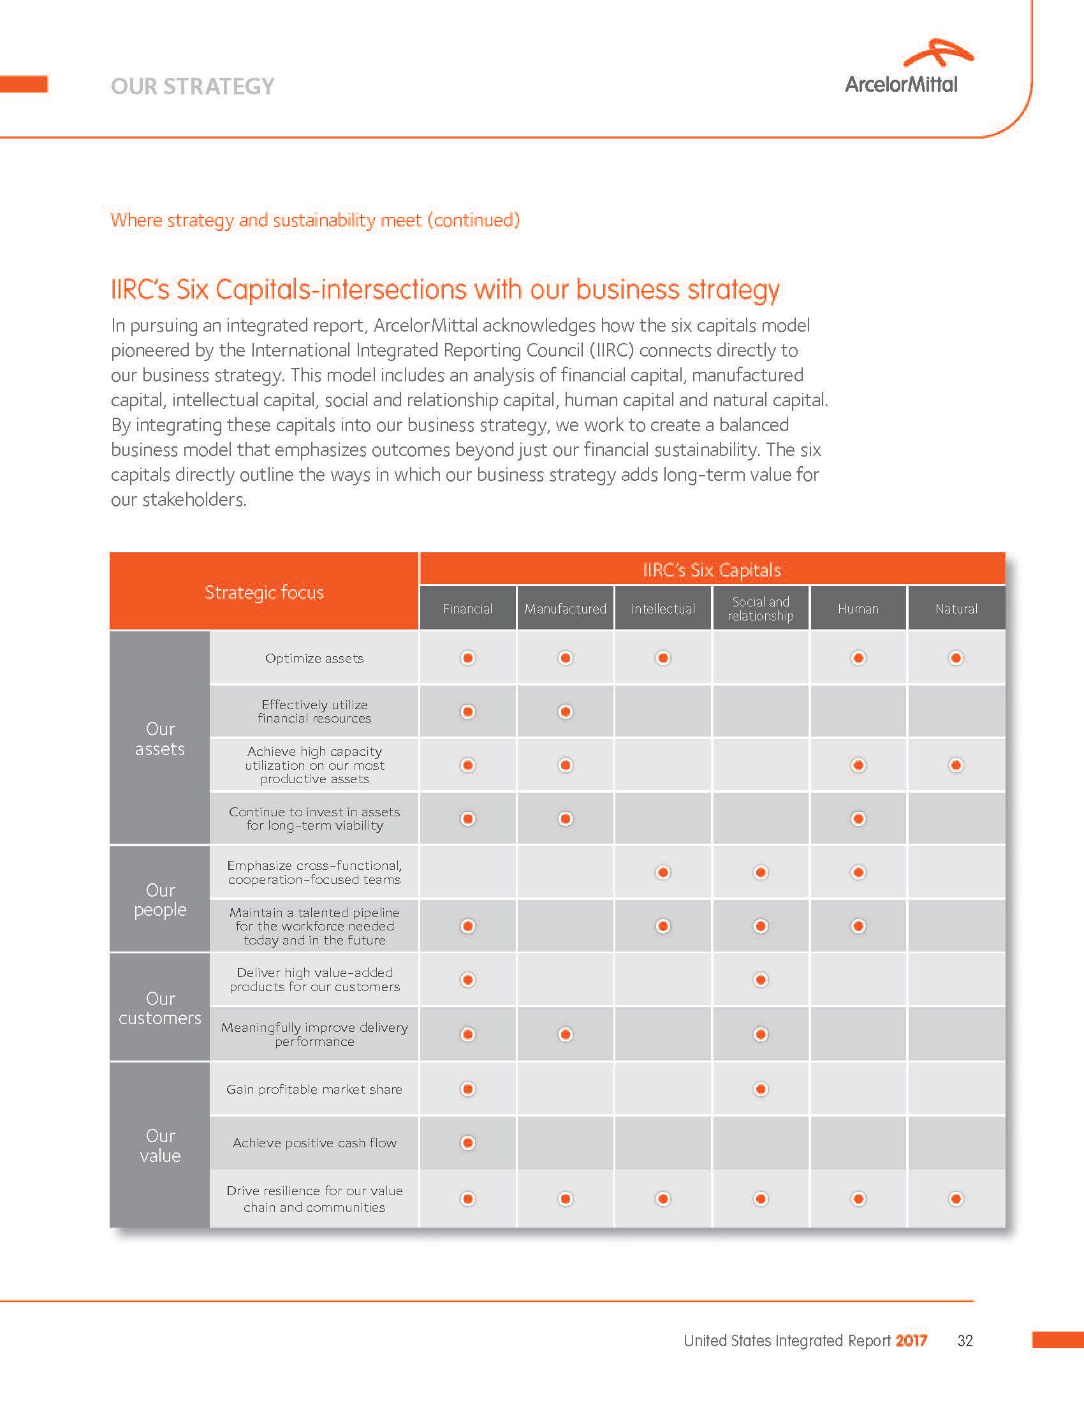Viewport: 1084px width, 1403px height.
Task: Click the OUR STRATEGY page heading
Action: coord(193,86)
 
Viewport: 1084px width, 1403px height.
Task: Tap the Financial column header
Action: coord(467,608)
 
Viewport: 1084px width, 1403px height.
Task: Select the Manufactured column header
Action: coord(565,608)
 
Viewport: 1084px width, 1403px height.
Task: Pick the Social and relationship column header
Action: coord(760,608)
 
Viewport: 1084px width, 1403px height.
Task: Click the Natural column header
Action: coord(956,608)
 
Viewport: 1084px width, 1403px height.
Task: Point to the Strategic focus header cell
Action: coord(264,592)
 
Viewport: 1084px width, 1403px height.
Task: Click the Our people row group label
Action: coord(160,899)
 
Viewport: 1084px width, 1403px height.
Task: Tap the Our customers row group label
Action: coord(160,1008)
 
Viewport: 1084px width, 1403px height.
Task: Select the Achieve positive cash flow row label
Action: coord(314,1143)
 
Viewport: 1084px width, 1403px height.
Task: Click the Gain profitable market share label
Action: coord(314,1089)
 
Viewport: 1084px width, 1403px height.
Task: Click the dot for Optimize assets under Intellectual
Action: coord(663,658)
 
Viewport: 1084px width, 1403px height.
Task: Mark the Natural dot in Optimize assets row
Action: coord(956,658)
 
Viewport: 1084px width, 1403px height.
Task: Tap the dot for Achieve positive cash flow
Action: coord(467,1143)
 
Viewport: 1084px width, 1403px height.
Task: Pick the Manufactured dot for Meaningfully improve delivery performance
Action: coord(565,1034)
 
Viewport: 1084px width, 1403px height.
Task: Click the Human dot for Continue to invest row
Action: coord(858,818)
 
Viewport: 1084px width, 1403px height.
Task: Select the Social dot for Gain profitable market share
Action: coord(760,1089)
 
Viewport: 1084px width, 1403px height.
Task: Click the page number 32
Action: coord(965,1341)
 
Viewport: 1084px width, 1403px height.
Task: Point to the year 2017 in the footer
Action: coord(911,1341)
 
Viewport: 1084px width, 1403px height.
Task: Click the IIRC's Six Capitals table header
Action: coord(712,569)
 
